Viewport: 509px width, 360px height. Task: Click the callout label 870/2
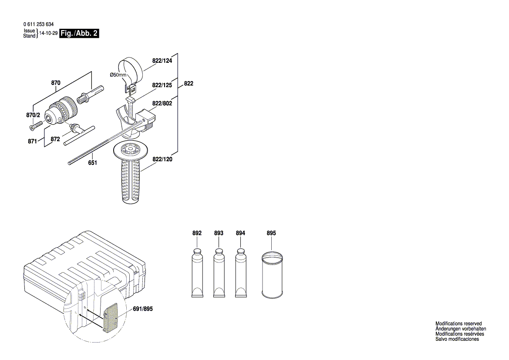(33, 115)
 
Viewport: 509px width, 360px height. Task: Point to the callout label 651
(92, 163)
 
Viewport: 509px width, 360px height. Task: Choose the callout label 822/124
(162, 61)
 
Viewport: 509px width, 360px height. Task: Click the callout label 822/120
(162, 160)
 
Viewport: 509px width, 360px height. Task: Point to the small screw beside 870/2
(34, 126)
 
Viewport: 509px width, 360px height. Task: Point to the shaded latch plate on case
(112, 316)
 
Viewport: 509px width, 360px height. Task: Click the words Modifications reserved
(458, 323)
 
